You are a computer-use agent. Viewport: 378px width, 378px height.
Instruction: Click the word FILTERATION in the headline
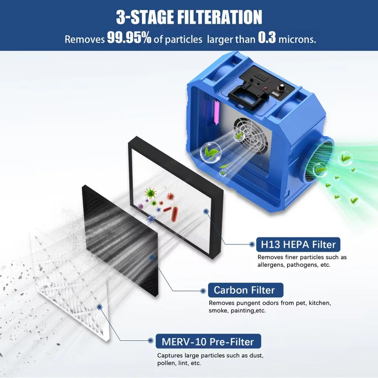[x=220, y=17]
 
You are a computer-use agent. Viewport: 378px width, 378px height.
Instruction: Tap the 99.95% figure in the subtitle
[x=129, y=38]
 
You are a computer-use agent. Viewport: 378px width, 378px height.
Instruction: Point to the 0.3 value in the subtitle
[x=267, y=38]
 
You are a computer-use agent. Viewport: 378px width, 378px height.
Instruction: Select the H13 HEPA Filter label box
[x=298, y=244]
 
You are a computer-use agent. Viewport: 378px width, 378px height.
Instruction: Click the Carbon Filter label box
[x=245, y=290]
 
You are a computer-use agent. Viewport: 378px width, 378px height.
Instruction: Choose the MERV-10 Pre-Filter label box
[x=208, y=341]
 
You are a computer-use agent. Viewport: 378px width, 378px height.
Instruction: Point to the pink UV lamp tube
[x=216, y=113]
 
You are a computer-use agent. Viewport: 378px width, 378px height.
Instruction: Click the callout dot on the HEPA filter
[x=206, y=212]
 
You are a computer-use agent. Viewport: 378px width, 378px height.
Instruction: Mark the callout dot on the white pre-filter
[x=99, y=307]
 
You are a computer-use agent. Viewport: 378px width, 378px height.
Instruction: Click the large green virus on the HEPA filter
[x=150, y=193]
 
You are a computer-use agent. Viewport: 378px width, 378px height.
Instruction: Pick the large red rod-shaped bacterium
[x=175, y=214]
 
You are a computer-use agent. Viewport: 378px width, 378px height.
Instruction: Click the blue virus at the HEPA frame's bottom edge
[x=151, y=219]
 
